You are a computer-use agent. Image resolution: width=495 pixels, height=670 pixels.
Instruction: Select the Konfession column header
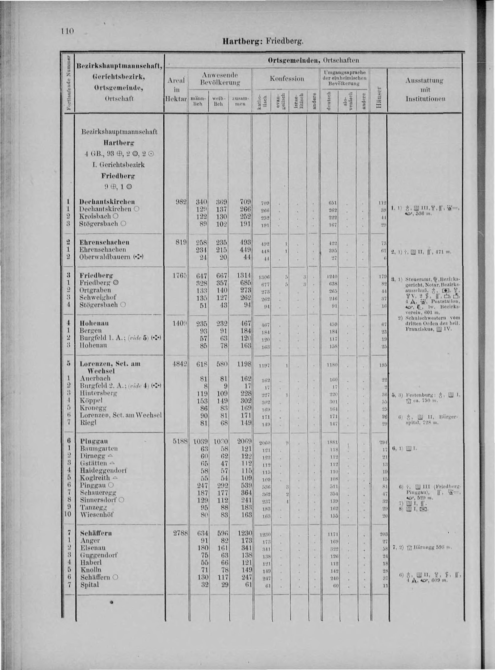click(287, 79)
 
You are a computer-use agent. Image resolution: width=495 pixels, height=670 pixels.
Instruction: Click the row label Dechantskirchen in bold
click(107, 202)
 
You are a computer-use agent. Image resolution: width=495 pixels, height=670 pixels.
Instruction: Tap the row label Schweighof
click(98, 297)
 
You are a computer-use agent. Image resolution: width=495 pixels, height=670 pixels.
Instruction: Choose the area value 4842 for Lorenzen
click(180, 364)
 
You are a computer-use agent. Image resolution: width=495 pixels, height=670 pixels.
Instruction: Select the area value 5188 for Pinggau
click(180, 441)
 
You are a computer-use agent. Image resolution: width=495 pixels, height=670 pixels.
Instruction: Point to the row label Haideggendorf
click(103, 470)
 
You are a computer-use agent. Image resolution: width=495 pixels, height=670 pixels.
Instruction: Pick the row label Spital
click(90, 585)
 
